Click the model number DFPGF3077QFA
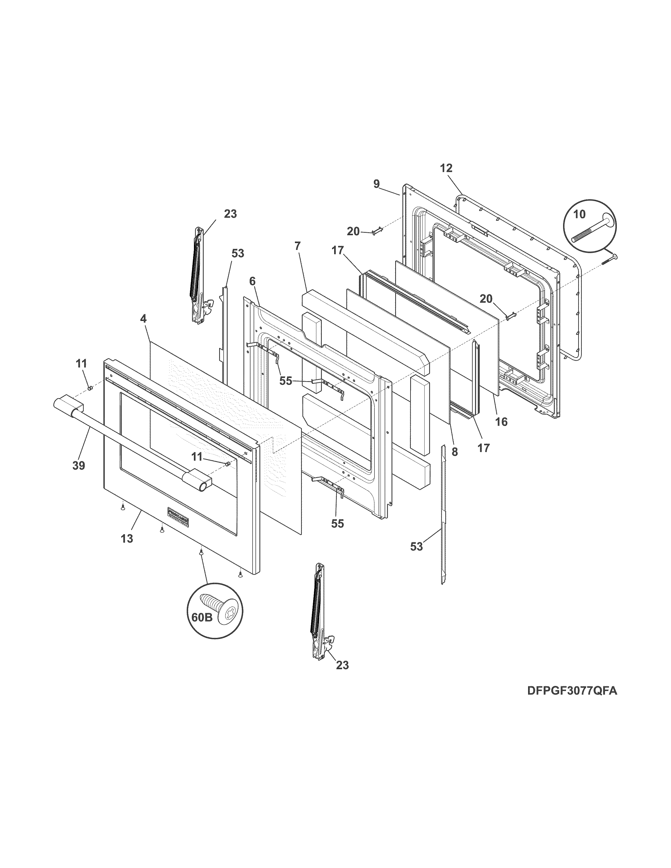coord(572,691)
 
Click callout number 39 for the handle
coord(79,465)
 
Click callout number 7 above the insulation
coord(297,246)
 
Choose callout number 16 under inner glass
coord(502,421)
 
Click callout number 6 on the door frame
coord(252,281)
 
